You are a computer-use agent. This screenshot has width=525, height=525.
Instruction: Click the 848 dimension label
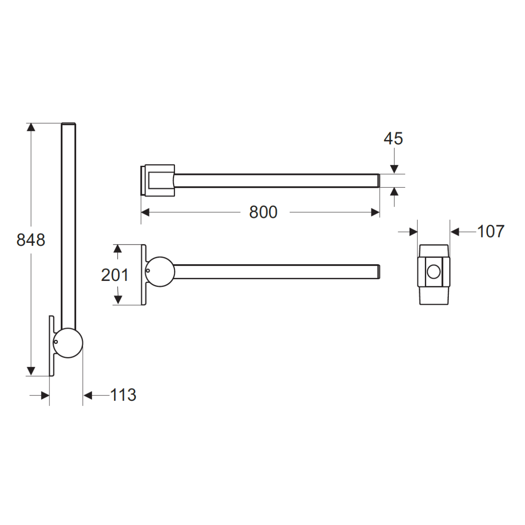click(31, 240)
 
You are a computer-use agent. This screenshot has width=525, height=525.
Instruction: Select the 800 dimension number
click(263, 212)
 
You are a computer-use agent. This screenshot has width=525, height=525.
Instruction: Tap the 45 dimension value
click(393, 139)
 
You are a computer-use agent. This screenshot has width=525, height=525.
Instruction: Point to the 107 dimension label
click(491, 231)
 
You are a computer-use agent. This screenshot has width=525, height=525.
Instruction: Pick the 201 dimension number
click(115, 275)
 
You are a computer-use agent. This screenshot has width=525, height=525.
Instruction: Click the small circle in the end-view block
click(434, 272)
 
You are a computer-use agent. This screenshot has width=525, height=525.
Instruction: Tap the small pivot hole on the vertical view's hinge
click(56, 342)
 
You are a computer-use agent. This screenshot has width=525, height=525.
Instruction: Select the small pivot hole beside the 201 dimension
click(148, 270)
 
